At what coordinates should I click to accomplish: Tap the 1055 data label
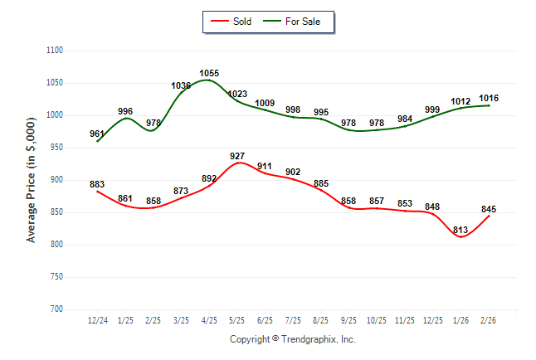[209, 73]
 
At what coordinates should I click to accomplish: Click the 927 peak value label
[238, 156]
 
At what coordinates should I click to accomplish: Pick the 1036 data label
[181, 85]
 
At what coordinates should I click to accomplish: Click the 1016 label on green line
[489, 98]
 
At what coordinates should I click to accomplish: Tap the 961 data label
[97, 134]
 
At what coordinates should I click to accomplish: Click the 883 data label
[97, 184]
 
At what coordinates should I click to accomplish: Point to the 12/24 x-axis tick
[97, 320]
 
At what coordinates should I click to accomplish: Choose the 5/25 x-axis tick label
[237, 320]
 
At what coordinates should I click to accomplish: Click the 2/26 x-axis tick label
[489, 320]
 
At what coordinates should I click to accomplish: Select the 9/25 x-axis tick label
[349, 320]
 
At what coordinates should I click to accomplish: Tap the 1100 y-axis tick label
[55, 51]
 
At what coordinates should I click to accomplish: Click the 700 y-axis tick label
[57, 309]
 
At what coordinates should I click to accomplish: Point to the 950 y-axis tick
[57, 148]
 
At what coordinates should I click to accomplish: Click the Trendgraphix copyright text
[292, 339]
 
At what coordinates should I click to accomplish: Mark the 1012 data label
[460, 101]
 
